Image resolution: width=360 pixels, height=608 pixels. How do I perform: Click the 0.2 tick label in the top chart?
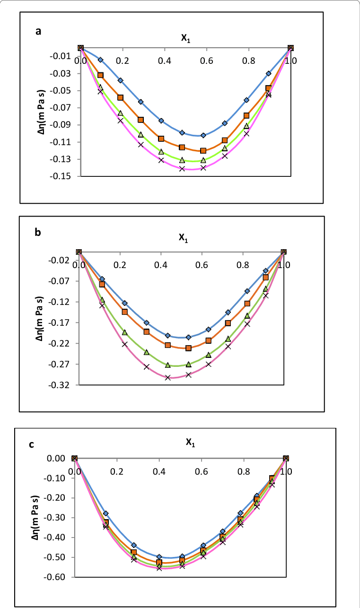[123, 61]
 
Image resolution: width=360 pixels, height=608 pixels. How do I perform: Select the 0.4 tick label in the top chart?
[165, 61]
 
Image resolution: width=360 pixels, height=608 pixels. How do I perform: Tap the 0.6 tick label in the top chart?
[206, 61]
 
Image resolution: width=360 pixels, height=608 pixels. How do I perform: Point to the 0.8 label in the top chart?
[248, 61]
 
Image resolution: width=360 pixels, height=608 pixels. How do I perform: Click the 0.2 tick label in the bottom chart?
[118, 471]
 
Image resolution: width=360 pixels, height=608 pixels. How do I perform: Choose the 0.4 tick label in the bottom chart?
[159, 471]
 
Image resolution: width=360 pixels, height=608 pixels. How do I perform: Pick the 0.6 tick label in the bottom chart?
[202, 471]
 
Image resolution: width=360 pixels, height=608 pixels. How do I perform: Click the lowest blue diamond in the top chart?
[203, 135]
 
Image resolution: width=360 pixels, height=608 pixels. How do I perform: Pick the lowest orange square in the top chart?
[203, 151]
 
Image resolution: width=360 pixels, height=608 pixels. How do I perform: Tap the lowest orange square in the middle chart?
[188, 348]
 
